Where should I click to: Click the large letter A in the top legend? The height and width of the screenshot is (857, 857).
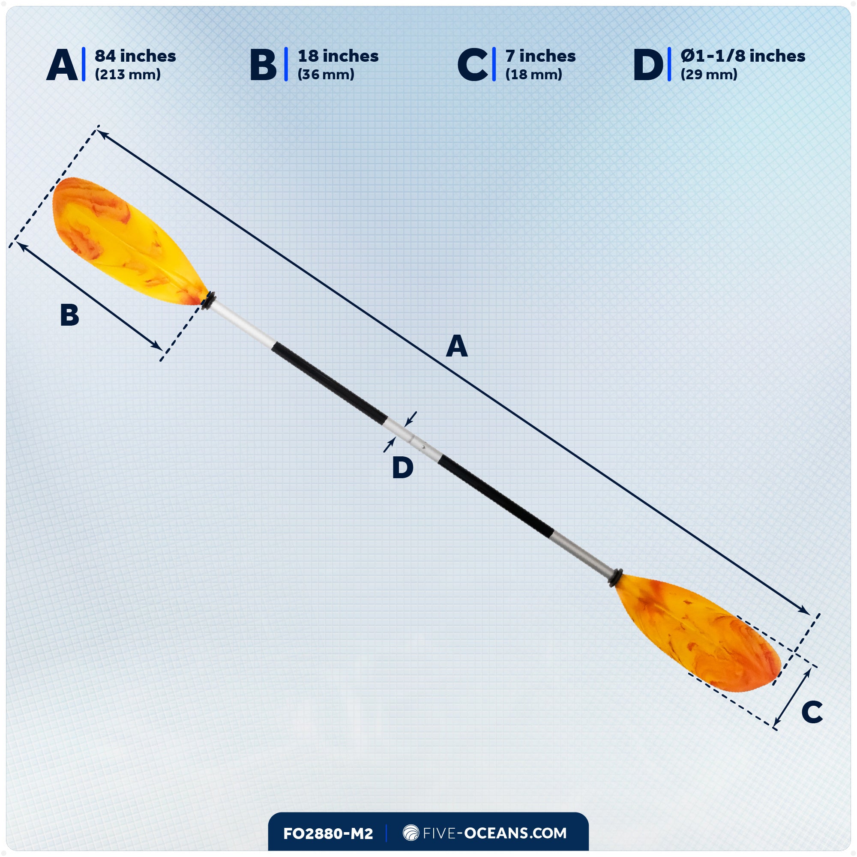[62, 65]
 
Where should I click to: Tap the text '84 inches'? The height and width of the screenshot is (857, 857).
[135, 56]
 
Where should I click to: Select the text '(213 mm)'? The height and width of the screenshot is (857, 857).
[128, 75]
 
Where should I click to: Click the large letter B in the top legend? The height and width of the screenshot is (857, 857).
[263, 65]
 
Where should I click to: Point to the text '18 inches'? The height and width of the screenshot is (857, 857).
[338, 56]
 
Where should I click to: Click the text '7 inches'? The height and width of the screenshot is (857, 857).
[540, 56]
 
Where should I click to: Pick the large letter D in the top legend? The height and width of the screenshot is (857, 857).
[647, 65]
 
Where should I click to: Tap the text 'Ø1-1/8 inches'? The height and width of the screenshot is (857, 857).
[743, 56]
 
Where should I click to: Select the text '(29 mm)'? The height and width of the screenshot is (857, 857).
[709, 75]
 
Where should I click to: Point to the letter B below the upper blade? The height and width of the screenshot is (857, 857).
[70, 315]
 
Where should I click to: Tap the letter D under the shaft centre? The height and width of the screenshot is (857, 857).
[403, 467]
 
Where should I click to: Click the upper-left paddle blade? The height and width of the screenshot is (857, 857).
[124, 240]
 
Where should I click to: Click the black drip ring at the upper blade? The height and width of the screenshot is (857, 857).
[209, 300]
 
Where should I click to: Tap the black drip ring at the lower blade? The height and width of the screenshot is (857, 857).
[616, 578]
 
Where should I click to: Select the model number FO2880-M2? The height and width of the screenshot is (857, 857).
[328, 833]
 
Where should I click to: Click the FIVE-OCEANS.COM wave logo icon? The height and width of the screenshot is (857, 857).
[411, 833]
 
